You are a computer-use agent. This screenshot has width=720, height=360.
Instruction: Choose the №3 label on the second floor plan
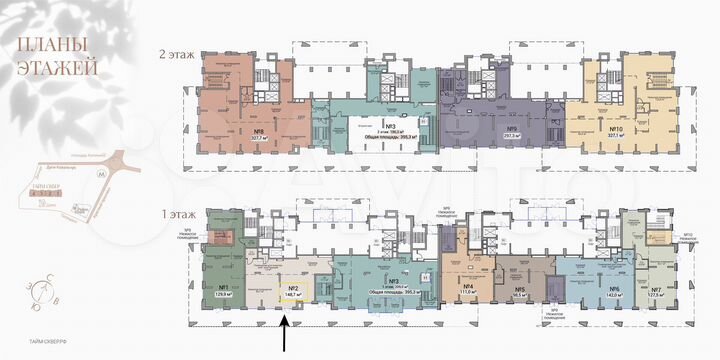point(370,124)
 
